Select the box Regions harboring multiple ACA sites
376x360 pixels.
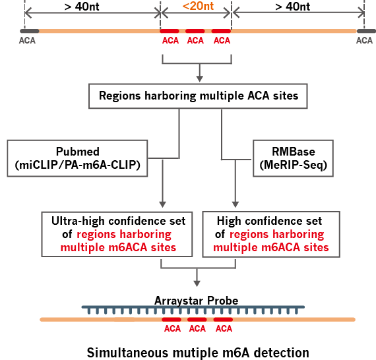click(198, 96)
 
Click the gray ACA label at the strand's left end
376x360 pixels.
click(28, 40)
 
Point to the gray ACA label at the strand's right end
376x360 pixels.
click(364, 40)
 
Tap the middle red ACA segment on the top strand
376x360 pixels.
click(195, 31)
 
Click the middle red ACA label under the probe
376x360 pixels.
click(197, 328)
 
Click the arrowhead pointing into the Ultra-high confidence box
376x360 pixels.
click(162, 205)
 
